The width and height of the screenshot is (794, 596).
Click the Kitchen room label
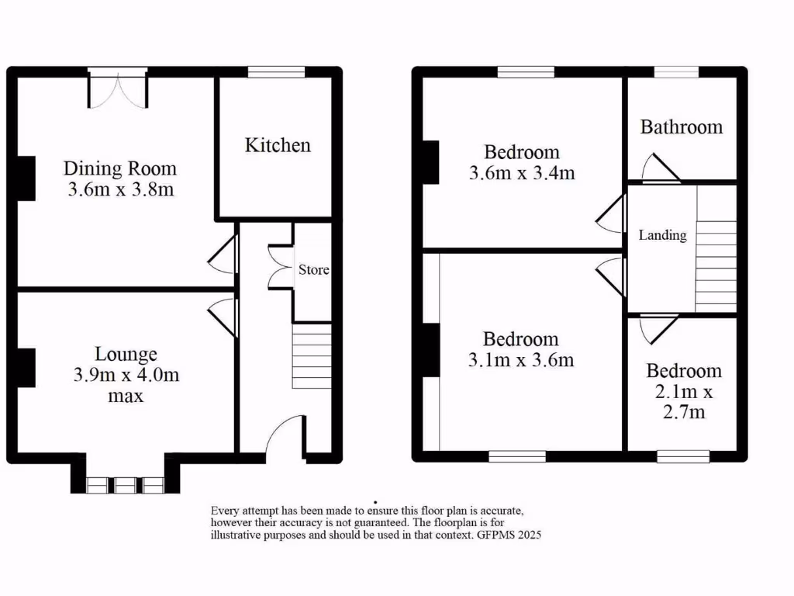pos(278,145)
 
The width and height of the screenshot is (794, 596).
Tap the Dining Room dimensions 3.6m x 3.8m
pos(120,189)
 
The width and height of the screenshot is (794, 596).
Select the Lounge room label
pos(126,355)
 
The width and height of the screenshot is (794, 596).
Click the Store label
pos(314,270)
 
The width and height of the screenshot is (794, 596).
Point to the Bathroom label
pos(681,126)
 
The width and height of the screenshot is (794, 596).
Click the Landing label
pos(662,235)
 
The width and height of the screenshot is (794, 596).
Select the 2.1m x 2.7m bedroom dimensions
pos(685,402)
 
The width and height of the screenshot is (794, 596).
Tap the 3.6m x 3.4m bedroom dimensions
pos(522,173)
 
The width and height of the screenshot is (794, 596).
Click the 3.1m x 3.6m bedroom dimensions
pos(520,360)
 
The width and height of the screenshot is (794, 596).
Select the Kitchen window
pos(276,72)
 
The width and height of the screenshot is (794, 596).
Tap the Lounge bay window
pos(125,485)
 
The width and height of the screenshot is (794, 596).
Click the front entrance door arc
pos(285,435)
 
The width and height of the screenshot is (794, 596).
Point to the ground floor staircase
pos(312,356)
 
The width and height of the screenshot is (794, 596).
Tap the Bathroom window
pos(677,72)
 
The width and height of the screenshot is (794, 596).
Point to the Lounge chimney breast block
pos(26,368)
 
